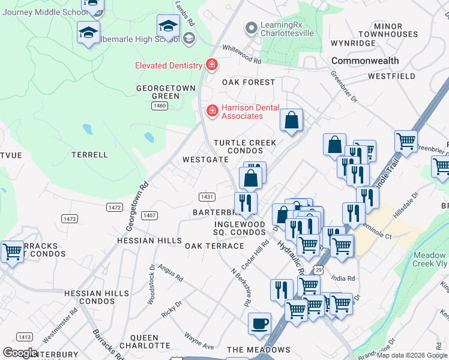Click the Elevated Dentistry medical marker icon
tap(211, 64)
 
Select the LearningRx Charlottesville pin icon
tap(251, 28)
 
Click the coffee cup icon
tap(259, 323)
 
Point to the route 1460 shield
tap(159, 106)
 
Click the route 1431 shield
tap(207, 197)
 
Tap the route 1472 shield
tap(115, 207)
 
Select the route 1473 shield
tap(70, 219)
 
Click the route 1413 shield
tap(25, 337)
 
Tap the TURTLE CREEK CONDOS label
tap(246, 146)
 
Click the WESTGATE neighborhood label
tap(205, 160)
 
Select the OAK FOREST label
tap(249, 82)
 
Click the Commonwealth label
tap(365, 61)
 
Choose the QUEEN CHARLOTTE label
tap(145, 341)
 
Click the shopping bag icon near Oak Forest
tap(291, 120)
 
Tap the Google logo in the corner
tap(20, 353)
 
